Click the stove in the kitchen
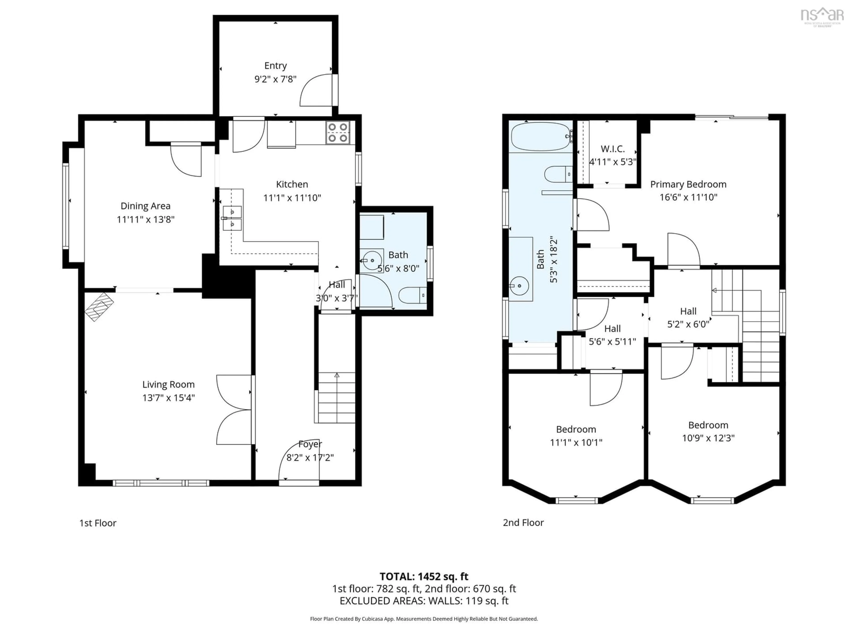[x=338, y=133]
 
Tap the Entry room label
[x=275, y=66]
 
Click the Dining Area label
[x=145, y=206]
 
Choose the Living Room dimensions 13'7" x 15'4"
[x=168, y=397]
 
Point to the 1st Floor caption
[x=98, y=523]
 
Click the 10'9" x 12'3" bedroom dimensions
[x=708, y=438]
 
